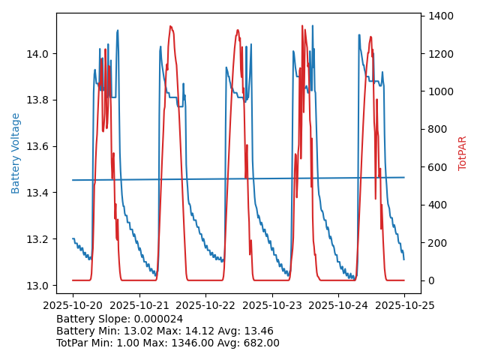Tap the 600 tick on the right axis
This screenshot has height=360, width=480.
pos(439,167)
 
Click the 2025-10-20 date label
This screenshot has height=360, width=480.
pos(73,305)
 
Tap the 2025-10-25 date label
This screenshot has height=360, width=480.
pos(404,305)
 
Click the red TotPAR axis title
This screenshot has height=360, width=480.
pos(463,153)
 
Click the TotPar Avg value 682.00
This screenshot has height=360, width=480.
pos(259,343)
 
